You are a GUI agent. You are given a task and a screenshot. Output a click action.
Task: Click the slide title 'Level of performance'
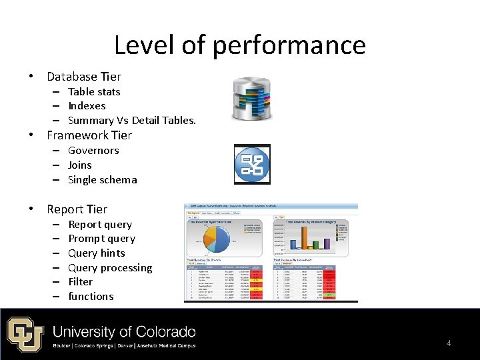tap(239, 45)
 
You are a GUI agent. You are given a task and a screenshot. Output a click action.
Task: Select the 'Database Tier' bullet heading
tap(84, 77)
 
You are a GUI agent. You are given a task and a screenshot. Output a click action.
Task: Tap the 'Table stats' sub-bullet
tap(94, 92)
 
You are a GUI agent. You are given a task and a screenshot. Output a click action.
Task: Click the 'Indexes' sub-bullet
tap(87, 106)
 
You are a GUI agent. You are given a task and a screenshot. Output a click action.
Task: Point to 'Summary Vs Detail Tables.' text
tap(132, 121)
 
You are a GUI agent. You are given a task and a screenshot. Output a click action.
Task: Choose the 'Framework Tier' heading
tap(89, 135)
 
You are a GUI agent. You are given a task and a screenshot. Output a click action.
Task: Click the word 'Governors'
tap(93, 151)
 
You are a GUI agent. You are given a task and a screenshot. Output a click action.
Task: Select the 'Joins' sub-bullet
tap(80, 165)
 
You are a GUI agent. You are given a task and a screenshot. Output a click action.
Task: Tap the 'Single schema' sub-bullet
tap(103, 180)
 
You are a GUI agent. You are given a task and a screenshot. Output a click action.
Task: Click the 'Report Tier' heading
tap(77, 209)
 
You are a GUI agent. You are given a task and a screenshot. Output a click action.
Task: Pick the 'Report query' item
tap(100, 225)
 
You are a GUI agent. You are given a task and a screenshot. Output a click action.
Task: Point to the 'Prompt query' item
tap(101, 239)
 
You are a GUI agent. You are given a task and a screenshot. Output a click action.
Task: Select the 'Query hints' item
tap(97, 253)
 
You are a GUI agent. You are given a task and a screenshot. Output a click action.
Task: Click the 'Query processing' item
tap(110, 268)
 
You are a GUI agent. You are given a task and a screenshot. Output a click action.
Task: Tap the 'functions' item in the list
tap(91, 297)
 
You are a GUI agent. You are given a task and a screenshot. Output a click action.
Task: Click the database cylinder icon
tap(252, 99)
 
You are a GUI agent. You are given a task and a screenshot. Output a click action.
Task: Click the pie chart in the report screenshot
tap(215, 238)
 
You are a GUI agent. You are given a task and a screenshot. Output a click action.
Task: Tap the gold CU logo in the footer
tap(25, 334)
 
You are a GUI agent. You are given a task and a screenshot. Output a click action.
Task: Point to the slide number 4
tap(449, 343)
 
